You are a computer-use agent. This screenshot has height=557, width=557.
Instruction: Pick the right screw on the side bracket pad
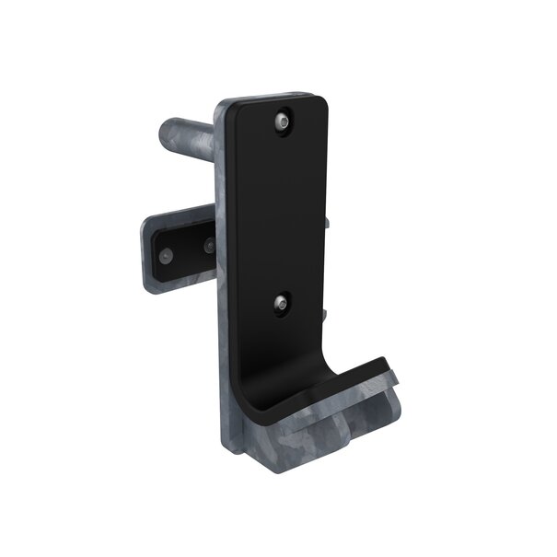(209, 247)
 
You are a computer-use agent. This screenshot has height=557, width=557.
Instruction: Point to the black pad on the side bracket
(184, 249)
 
